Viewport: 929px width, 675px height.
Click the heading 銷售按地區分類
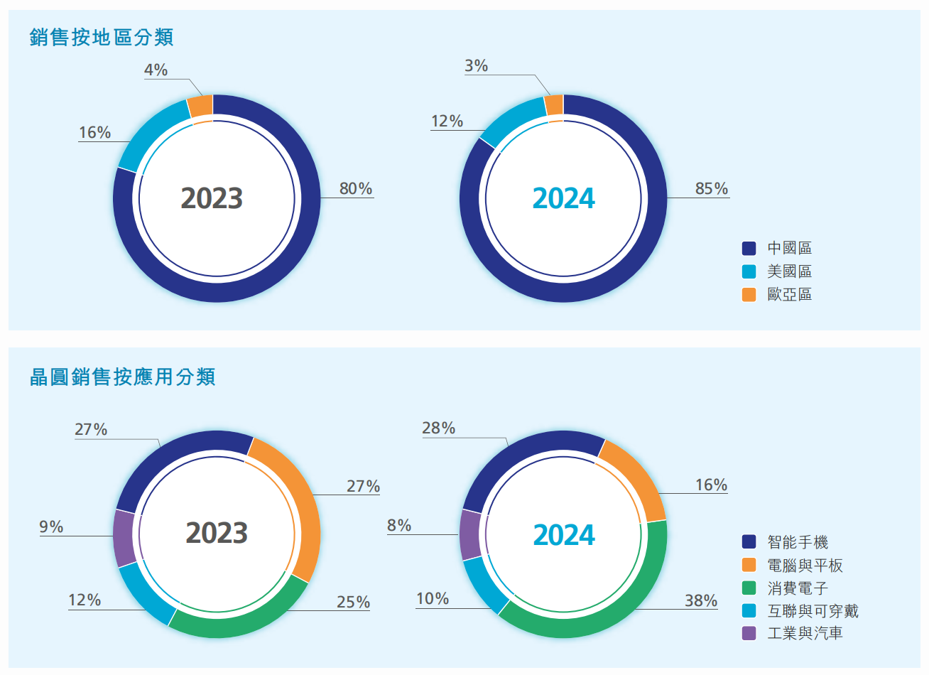click(x=102, y=37)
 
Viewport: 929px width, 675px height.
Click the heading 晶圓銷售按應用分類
click(x=122, y=377)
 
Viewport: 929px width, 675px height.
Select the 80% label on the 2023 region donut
click(x=355, y=188)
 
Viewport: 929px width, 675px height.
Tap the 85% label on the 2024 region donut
click(x=711, y=188)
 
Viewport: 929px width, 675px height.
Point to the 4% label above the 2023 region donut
click(x=156, y=70)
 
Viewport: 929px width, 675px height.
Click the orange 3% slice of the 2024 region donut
click(x=555, y=105)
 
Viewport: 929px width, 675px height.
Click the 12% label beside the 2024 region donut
click(x=447, y=121)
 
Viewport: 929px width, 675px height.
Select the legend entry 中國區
click(x=789, y=248)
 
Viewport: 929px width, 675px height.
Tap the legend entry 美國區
click(x=789, y=271)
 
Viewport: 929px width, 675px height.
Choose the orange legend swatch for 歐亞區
click(x=749, y=294)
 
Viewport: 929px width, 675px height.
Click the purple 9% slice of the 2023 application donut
click(x=124, y=537)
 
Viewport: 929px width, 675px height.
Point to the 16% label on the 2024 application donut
click(x=711, y=485)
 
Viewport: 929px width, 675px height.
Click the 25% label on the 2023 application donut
click(x=353, y=602)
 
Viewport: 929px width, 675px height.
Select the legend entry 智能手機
click(x=798, y=542)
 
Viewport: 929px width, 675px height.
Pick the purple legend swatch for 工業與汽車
click(x=749, y=633)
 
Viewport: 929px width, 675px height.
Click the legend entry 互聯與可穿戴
click(x=813, y=611)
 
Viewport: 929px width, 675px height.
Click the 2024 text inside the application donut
click(x=564, y=535)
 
